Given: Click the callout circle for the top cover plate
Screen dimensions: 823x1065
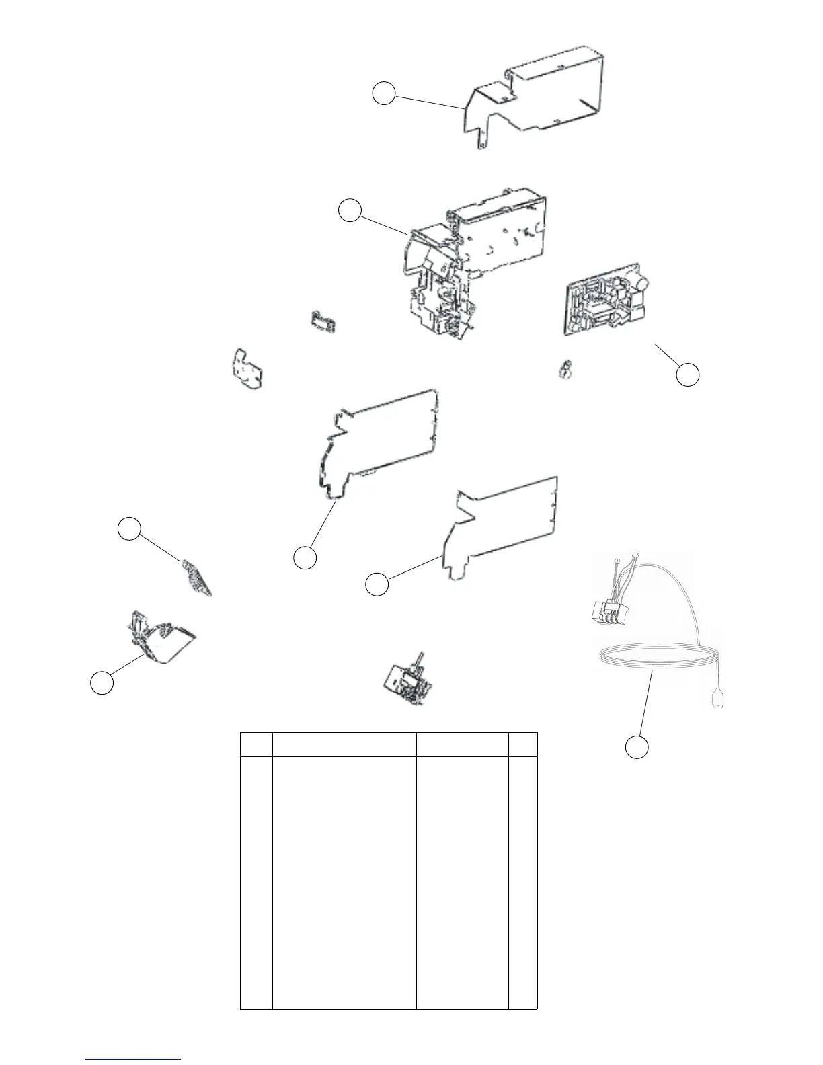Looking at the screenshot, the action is coord(384,93).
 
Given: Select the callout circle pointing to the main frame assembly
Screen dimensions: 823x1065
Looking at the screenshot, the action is coord(349,210).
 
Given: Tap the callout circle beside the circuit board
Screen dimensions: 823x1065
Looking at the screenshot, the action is coord(687,374).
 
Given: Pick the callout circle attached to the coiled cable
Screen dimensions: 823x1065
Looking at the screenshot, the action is coord(637,747).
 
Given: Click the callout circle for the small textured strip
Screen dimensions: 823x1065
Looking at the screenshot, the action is coord(129,528).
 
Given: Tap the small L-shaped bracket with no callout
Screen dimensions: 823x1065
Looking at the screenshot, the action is coord(245,368).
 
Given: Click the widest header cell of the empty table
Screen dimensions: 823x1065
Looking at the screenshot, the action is coord(344,744).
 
